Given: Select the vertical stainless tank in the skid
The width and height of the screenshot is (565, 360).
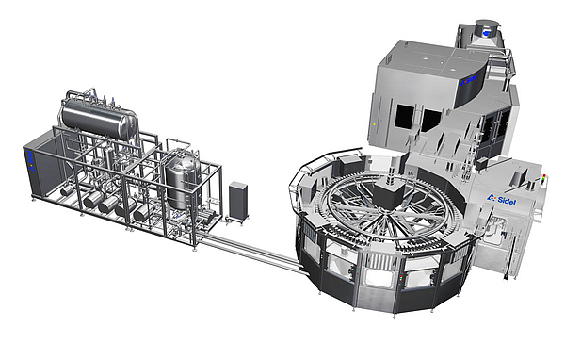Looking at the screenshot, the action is point(183,184).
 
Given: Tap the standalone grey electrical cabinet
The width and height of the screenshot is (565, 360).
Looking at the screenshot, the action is point(238,201).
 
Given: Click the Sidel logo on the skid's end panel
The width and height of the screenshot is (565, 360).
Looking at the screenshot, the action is point(30,161).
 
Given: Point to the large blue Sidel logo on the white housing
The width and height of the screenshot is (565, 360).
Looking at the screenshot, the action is point(502,200).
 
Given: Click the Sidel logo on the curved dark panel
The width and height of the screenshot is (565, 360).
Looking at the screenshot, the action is point(469,80).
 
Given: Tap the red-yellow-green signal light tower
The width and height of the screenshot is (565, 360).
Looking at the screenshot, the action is point(543,180).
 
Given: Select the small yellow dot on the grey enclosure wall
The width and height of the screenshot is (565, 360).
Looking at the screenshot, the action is point(374,124).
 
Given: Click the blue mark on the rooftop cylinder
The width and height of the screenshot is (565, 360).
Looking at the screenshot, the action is point(486,33).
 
